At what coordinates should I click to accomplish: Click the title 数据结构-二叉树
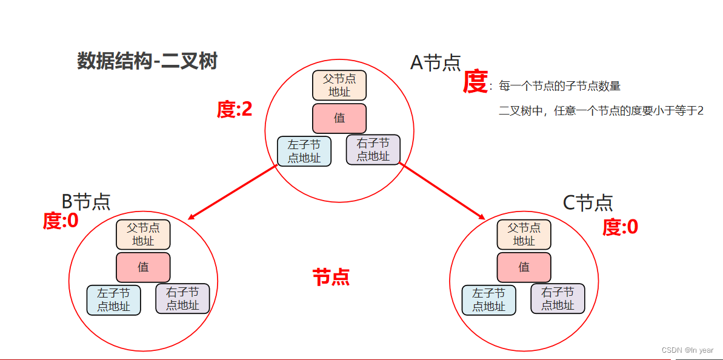[x=147, y=61]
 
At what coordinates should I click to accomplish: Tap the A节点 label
[x=436, y=62]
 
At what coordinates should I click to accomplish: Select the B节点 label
[x=86, y=201]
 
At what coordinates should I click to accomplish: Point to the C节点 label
[x=588, y=202]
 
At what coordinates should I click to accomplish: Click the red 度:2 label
[x=235, y=109]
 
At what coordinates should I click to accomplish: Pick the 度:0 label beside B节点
[x=61, y=221]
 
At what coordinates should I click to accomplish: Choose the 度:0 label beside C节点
[x=620, y=227]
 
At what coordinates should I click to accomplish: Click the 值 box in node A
[x=339, y=118]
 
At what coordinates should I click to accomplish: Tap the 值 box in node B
[x=143, y=267]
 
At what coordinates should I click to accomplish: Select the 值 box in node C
[x=524, y=267]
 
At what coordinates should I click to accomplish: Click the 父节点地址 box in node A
[x=339, y=85]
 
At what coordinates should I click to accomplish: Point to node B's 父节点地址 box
[x=143, y=235]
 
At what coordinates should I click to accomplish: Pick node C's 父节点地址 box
[x=524, y=235]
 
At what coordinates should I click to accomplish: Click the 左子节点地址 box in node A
[x=304, y=151]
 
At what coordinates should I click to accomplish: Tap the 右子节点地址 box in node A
[x=373, y=150]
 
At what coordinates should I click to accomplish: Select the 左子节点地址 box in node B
[x=114, y=300]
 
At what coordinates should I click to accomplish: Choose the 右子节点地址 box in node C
[x=558, y=299]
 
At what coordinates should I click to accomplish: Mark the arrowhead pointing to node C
[x=482, y=218]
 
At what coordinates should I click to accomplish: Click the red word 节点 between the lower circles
[x=331, y=278]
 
